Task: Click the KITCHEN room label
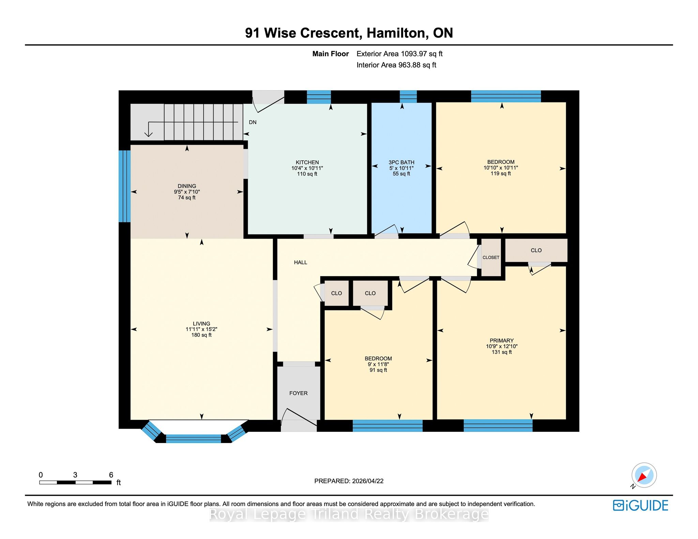coord(307,162)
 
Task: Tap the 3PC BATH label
coord(401,162)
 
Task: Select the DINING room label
coord(187,186)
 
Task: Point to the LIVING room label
coord(201,323)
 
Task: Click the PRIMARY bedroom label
coord(502,340)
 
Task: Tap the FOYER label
coord(299,393)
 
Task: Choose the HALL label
coord(301,262)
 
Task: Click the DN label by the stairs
coord(253,122)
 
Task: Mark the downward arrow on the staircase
coord(149,129)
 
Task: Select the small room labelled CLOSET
coord(491,257)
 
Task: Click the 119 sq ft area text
coord(501,174)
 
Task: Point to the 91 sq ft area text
coord(378,370)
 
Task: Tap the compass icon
coord(644,476)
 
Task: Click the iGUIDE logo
coord(640,505)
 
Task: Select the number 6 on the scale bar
coord(111,475)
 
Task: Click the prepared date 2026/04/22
coord(368,481)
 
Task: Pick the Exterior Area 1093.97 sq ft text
coord(399,54)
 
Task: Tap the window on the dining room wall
coord(124,186)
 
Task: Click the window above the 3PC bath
coord(408,97)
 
